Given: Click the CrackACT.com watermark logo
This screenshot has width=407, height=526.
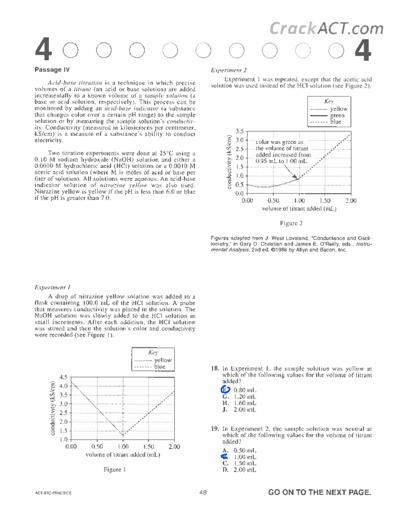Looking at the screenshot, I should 326,28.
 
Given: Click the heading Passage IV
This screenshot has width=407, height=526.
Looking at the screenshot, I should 52,70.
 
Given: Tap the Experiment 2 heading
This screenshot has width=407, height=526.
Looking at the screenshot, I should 229,70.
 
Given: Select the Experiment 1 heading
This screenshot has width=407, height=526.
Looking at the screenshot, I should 52,287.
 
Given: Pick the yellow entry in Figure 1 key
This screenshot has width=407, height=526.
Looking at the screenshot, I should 162,360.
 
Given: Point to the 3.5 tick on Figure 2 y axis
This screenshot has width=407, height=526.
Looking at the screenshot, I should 239,131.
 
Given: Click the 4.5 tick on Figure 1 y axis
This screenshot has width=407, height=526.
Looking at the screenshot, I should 63,377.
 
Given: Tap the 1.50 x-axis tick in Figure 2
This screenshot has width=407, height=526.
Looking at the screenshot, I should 325,201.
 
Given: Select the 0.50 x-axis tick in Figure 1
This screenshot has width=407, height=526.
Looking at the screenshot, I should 97,447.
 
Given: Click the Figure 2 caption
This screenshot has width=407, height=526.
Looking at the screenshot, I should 291,223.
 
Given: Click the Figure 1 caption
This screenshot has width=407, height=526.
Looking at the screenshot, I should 115,469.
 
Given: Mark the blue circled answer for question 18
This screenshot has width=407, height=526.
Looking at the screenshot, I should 226,390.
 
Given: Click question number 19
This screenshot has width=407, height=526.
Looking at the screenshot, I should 215,429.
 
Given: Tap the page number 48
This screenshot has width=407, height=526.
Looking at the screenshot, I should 203,492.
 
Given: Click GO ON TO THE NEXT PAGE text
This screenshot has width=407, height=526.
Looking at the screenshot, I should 319,492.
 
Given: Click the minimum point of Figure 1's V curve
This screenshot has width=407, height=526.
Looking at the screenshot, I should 123,435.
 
